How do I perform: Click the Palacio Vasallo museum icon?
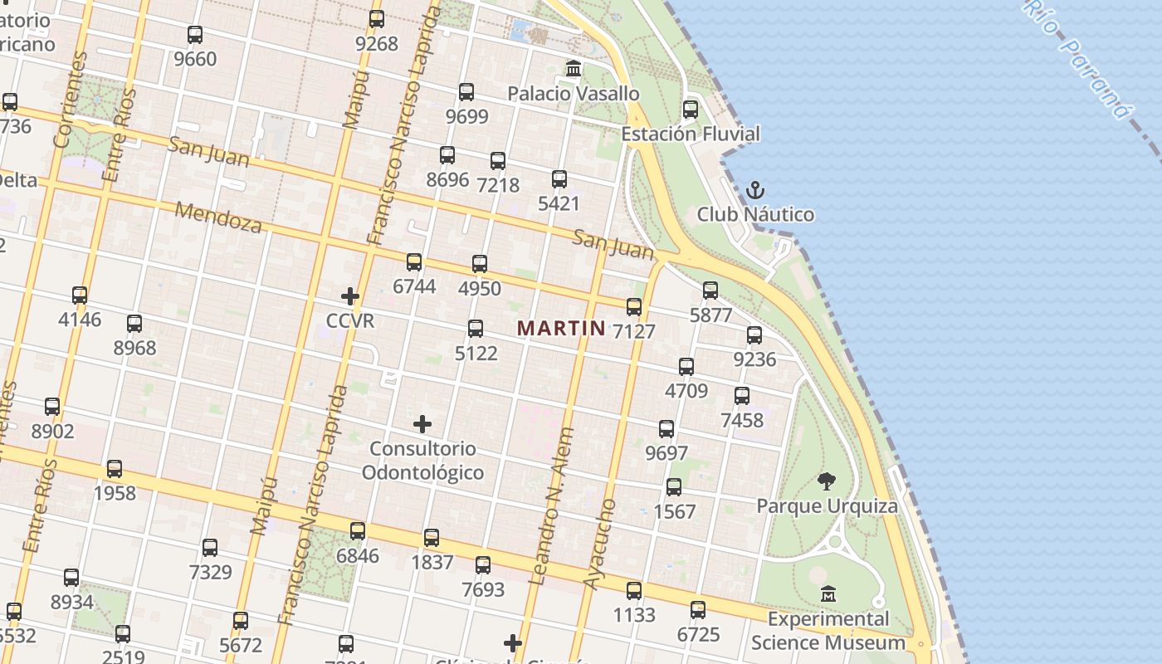pos(574,68)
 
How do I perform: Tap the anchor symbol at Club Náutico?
pos(754,190)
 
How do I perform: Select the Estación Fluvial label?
pos(690,134)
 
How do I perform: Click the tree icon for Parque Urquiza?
pos(826,481)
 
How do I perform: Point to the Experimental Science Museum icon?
pos(828,593)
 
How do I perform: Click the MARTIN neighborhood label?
pos(561,328)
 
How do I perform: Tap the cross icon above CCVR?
pos(350,295)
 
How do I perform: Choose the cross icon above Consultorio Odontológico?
pos(422,424)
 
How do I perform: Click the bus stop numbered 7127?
pos(634,307)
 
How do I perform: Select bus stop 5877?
pos(710,290)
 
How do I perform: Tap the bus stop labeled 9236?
pos(754,335)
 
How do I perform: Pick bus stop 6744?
pos(414,262)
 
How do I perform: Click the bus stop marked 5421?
pos(559,178)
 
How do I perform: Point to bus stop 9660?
pos(195,35)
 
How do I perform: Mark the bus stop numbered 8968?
pos(134,324)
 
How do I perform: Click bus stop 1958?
pos(115,469)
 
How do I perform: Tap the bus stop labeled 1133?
pos(634,591)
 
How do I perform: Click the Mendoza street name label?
pos(218,217)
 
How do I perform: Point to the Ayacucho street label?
pos(600,544)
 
